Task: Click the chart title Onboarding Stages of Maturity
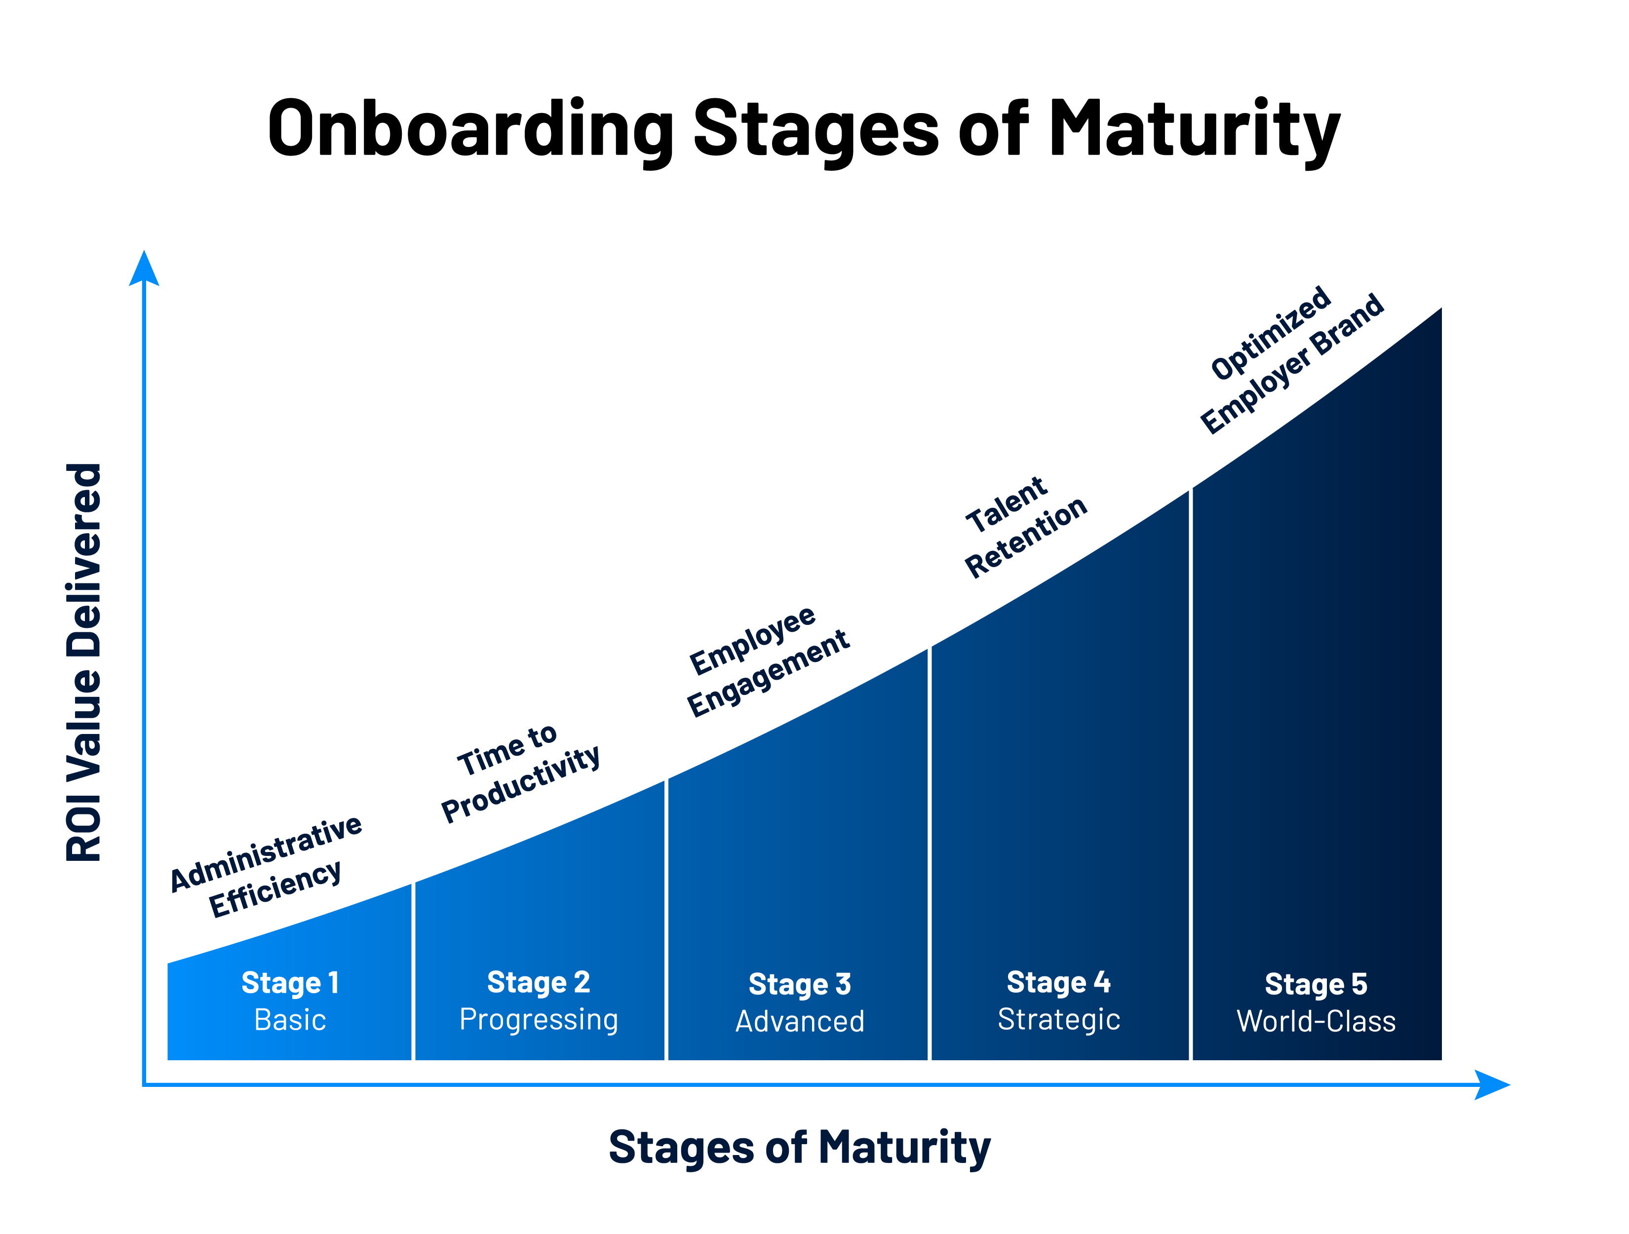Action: tap(804, 130)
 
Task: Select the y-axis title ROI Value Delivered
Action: tap(84, 662)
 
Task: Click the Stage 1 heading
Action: tap(290, 983)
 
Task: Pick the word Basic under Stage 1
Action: tap(290, 1020)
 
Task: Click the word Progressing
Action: tap(539, 1020)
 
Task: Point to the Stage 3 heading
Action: tap(800, 984)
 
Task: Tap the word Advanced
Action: tap(800, 1021)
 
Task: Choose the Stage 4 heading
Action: tap(1058, 982)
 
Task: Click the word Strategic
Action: tap(1058, 1020)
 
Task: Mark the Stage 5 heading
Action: tap(1316, 984)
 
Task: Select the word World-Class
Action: tap(1316, 1021)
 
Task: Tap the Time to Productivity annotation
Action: tap(520, 773)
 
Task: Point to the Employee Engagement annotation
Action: tap(768, 660)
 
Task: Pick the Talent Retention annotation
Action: tap(1025, 527)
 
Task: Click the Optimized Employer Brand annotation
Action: tap(1292, 360)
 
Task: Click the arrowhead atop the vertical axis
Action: tap(144, 269)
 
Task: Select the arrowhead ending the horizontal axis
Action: tap(1492, 1084)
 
